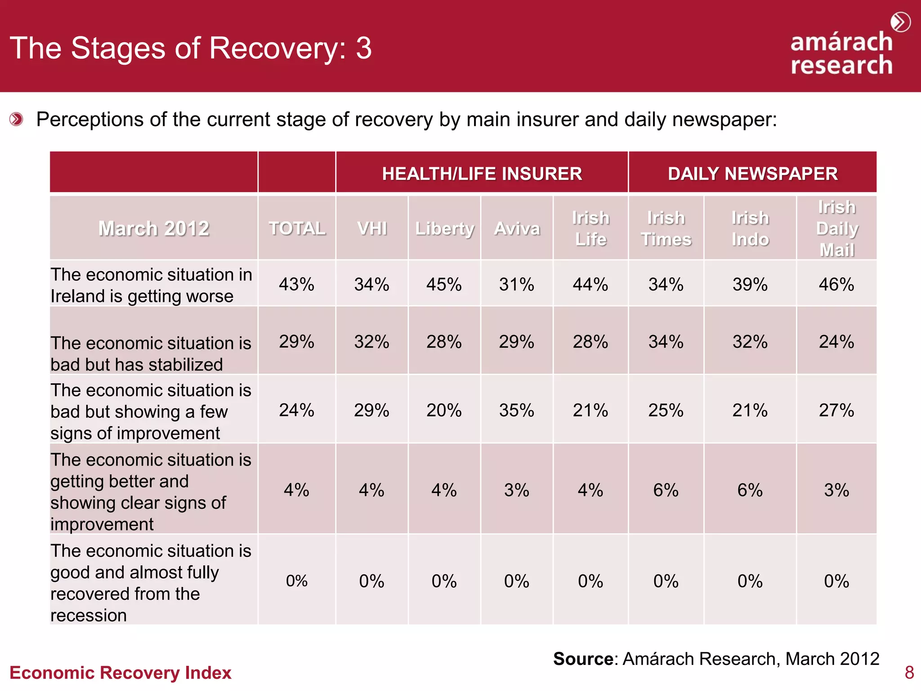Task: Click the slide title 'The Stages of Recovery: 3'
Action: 191,48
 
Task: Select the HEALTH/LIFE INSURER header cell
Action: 482,173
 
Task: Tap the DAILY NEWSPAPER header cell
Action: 752,173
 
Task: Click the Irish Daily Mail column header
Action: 836,228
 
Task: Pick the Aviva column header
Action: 517,228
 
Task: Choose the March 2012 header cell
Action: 153,228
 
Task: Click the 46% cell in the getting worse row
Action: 836,284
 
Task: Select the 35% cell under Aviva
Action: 517,410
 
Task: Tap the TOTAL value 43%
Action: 296,284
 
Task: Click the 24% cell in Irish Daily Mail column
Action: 836,341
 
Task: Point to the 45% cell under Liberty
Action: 444,284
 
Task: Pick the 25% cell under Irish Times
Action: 666,410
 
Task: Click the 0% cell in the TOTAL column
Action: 296,581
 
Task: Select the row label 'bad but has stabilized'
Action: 151,354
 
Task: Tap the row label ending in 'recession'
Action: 151,583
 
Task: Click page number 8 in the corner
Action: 909,673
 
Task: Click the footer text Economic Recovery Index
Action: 120,673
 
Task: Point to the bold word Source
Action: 583,659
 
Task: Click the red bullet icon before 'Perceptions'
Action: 16,119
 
